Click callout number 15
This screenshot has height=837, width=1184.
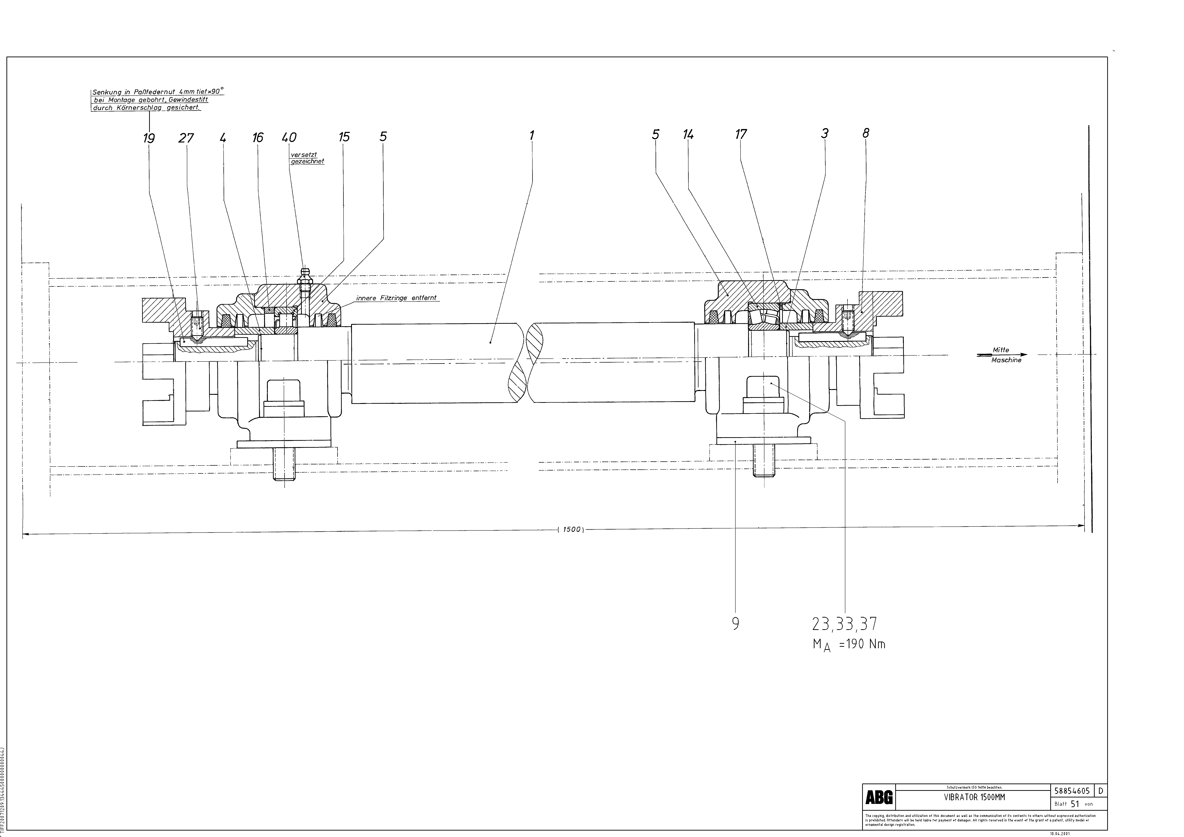344,137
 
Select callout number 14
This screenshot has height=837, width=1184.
688,135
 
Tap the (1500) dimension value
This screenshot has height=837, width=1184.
571,529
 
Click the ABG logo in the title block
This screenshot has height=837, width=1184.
879,798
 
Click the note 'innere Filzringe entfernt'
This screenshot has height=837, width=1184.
396,298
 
